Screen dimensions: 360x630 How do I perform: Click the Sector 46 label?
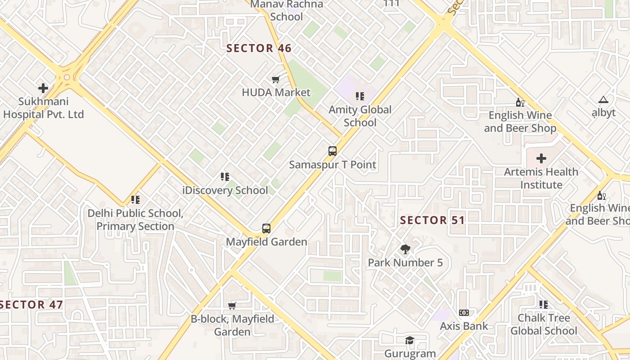[259, 48]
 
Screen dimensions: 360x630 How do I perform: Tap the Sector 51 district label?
[432, 220]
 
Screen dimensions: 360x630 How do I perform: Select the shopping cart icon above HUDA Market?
[276, 80]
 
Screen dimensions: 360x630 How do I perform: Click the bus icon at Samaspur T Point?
[333, 151]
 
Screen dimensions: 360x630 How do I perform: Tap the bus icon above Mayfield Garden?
[266, 229]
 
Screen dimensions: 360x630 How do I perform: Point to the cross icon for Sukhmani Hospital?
[43, 88]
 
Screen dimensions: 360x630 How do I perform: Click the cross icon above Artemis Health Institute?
[541, 158]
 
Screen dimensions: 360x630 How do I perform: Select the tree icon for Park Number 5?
[405, 249]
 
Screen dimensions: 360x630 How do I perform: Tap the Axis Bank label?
[464, 326]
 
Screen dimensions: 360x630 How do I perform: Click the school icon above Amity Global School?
[360, 96]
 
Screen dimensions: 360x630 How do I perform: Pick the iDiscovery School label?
[225, 190]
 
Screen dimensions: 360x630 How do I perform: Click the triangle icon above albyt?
[603, 99]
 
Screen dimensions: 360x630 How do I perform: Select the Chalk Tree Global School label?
[544, 324]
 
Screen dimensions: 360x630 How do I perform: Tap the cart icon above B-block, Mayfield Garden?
[232, 306]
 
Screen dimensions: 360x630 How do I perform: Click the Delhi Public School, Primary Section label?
[135, 220]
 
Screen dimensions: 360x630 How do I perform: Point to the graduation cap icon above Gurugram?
[409, 340]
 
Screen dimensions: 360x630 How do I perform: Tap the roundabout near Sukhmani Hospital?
[67, 77]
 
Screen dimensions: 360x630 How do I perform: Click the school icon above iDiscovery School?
[225, 177]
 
